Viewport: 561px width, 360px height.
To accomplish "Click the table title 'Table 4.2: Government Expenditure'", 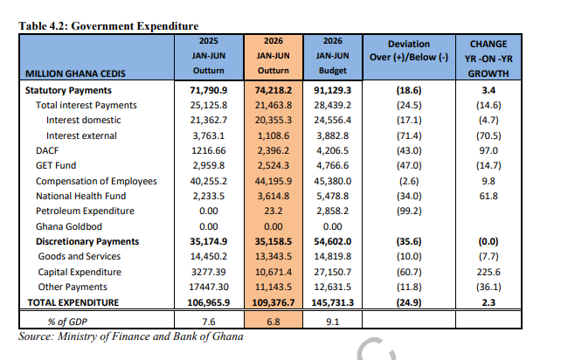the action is (108, 26).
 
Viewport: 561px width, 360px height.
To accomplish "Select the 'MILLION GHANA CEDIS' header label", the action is (75, 73).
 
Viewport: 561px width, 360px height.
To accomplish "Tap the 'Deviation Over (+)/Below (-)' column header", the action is (409, 51).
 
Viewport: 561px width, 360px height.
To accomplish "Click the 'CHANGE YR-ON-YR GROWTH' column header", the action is (488, 59).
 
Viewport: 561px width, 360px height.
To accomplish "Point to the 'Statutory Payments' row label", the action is (68, 90).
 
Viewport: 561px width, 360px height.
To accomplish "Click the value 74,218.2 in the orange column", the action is (274, 90).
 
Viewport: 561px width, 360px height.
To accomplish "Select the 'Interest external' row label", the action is (81, 136).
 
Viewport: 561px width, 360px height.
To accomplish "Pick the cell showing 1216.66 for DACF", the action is (209, 150).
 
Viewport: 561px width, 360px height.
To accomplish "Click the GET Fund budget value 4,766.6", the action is (332, 166).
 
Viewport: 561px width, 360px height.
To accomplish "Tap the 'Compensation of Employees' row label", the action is (96, 182).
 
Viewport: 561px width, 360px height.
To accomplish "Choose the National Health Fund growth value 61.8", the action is (488, 196).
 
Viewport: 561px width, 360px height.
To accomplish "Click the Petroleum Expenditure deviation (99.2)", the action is (409, 211).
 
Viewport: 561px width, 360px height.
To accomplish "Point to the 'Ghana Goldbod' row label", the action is (69, 226).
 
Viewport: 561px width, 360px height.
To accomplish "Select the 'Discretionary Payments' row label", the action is (87, 241).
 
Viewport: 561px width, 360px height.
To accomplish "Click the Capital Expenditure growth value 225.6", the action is (488, 273).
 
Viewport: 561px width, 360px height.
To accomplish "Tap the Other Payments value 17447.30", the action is (209, 287).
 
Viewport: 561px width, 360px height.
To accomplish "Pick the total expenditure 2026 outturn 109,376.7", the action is (274, 302).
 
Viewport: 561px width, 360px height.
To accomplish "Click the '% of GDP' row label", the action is (67, 322).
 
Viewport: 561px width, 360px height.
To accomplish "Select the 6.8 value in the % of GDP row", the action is (274, 322).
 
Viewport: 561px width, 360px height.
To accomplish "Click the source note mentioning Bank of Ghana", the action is (131, 336).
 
